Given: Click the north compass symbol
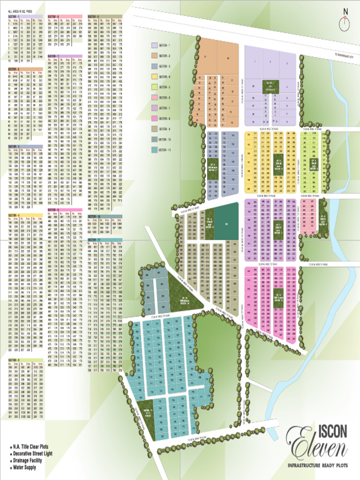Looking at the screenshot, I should point(346,19).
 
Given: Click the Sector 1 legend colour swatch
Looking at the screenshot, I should point(154,45).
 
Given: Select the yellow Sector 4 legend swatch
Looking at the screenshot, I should point(154,77).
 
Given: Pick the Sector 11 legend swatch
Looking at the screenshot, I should point(154,150).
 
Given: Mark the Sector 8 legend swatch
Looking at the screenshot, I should point(154,119).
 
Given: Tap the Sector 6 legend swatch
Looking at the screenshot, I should point(154,97).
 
